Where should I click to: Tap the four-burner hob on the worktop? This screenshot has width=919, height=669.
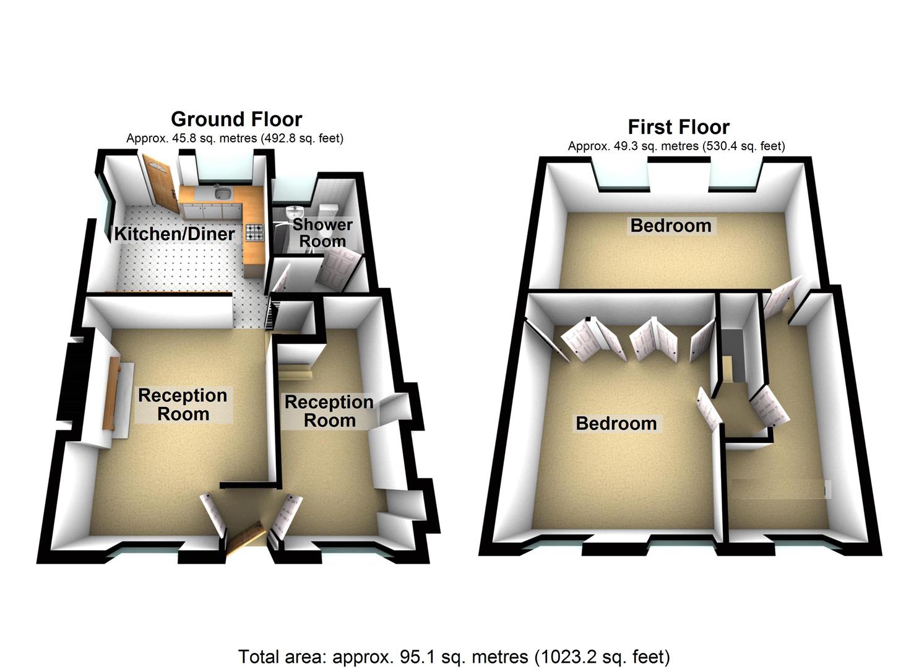coord(254,232)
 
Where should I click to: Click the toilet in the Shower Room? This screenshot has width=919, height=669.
coord(328,209)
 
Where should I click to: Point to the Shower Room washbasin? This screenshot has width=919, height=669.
coord(296,211)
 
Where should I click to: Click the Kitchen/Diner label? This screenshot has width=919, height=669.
coord(175,234)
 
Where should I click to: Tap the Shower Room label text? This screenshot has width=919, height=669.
coord(322,233)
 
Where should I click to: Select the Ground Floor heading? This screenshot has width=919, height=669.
coord(236,118)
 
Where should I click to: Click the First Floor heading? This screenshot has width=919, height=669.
coord(678,127)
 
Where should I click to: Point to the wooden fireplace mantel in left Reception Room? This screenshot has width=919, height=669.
coord(114,393)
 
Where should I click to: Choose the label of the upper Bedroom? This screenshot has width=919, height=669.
coord(671,225)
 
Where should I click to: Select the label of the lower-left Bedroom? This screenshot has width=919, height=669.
coord(616,424)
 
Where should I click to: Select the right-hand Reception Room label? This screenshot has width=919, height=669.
coord(329,411)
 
